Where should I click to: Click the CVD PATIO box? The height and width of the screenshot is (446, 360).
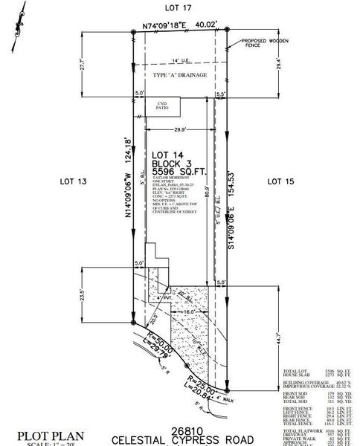coord(163,106)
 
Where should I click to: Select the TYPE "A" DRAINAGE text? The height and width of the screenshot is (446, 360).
coord(180,77)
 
